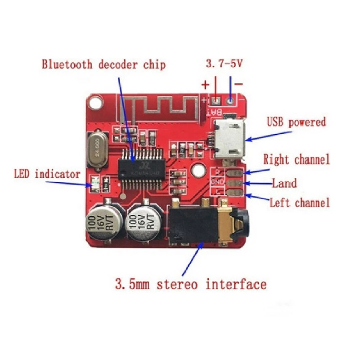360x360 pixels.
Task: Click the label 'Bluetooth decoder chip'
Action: point(103,64)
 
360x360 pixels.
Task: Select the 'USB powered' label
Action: point(296,122)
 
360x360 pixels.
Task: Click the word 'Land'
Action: point(284,183)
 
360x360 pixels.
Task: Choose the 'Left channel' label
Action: point(299,202)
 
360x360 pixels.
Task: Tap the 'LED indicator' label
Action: point(47,174)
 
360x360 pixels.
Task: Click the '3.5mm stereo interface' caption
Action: point(190,284)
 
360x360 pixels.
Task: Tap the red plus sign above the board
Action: point(205,84)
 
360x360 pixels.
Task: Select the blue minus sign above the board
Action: point(239,84)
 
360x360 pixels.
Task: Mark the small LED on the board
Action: point(95,182)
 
